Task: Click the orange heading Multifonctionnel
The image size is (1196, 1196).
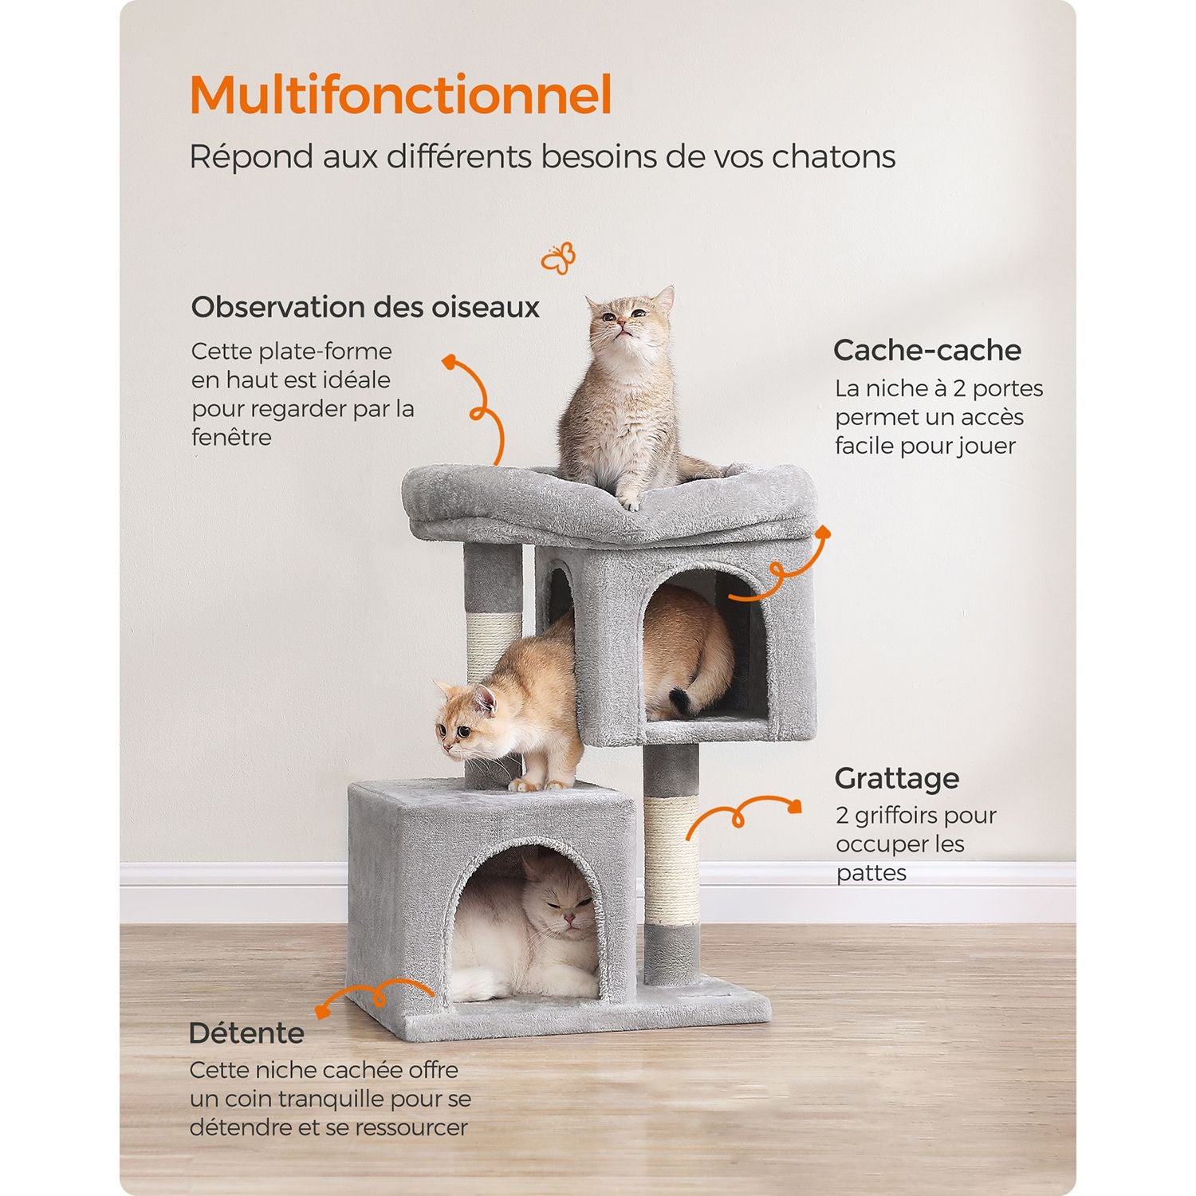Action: coord(400,95)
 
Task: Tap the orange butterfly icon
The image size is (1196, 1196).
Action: coord(558,258)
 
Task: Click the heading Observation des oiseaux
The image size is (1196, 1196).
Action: coord(365,307)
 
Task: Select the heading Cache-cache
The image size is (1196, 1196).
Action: coord(927,350)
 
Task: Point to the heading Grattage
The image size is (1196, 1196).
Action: coord(897,778)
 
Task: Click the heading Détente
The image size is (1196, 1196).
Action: coord(246,1033)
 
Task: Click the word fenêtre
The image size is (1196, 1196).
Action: coord(231,437)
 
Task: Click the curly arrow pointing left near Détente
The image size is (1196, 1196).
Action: coord(375,997)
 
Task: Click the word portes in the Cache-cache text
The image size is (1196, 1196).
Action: coord(1008,389)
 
